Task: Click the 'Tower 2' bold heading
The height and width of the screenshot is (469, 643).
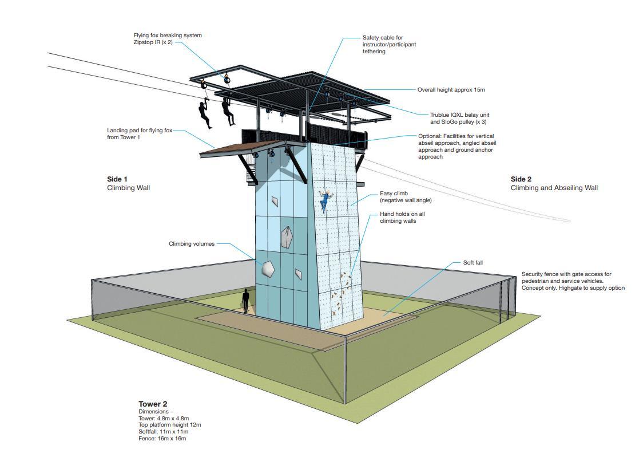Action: click(153, 404)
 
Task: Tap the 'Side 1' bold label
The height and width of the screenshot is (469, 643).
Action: click(117, 179)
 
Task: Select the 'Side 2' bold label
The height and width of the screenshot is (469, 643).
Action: click(521, 179)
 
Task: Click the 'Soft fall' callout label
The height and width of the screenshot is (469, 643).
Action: click(473, 262)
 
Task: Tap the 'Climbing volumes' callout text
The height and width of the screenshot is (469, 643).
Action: click(192, 244)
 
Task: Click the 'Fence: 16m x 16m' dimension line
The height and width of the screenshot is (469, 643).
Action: click(162, 439)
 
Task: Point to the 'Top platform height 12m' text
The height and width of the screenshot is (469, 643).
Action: click(169, 425)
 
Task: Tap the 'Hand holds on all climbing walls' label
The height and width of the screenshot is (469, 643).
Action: click(402, 218)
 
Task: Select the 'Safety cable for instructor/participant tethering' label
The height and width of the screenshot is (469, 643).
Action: click(389, 45)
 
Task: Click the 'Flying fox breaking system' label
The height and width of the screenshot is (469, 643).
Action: click(167, 36)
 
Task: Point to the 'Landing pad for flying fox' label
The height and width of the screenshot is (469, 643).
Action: click(140, 131)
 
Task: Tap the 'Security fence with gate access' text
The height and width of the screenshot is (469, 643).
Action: click(566, 274)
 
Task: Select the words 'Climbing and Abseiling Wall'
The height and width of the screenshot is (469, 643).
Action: click(554, 188)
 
